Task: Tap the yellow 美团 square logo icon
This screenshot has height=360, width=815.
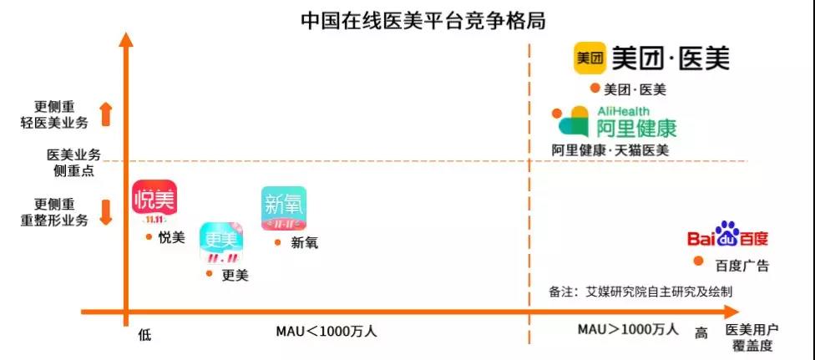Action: tap(590, 58)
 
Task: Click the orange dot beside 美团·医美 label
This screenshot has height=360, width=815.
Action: tap(595, 88)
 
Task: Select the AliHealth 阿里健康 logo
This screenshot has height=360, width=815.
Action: tap(617, 123)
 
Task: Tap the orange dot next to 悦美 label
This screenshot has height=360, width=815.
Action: tap(148, 237)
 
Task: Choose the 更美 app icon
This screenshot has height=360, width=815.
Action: tap(220, 243)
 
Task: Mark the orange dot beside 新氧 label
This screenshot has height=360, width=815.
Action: tap(278, 242)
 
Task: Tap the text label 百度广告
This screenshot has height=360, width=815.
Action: tap(742, 266)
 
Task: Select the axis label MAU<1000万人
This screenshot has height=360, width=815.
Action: tap(327, 331)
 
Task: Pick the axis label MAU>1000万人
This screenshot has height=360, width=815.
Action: tap(628, 329)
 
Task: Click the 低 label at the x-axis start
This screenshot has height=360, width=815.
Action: tap(144, 334)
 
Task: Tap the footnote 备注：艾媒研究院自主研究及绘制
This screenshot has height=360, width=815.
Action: tap(640, 292)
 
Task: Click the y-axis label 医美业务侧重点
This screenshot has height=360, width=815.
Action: tap(73, 161)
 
